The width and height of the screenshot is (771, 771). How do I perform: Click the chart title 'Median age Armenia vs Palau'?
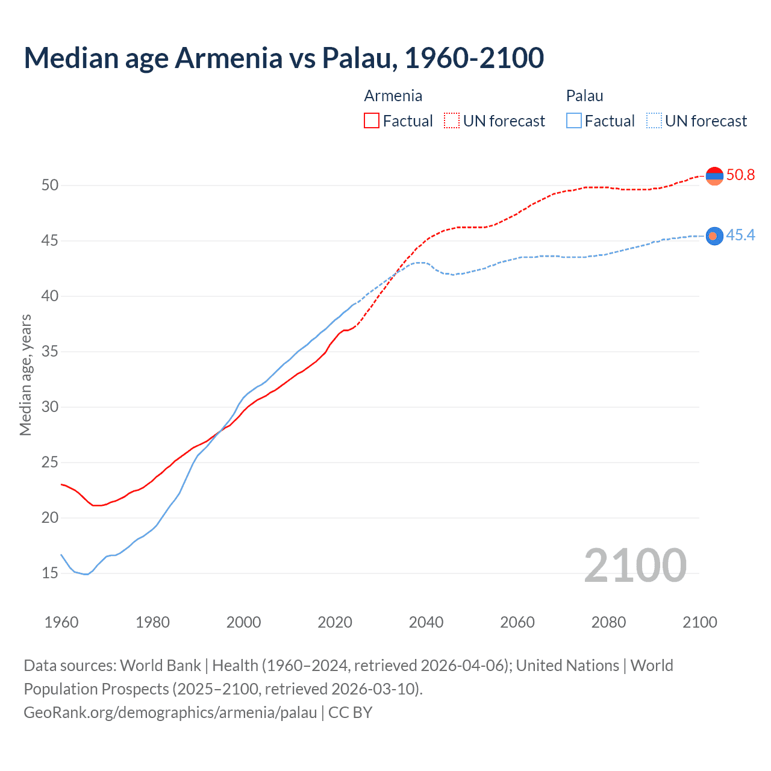(x=284, y=58)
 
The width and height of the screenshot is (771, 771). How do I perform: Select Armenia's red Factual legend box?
(x=372, y=121)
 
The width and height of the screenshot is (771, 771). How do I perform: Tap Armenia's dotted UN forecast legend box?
(x=452, y=121)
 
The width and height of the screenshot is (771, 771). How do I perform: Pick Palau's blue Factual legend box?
(x=574, y=121)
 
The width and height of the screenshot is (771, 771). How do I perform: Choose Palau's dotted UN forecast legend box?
(x=654, y=121)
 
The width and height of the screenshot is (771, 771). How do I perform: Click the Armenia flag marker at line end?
(x=714, y=176)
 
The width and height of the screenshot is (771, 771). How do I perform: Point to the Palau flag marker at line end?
(x=714, y=236)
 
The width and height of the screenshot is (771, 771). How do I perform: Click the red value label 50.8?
(x=740, y=175)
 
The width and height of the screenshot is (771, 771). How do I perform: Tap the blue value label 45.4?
(x=740, y=235)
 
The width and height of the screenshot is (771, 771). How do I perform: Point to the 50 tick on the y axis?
(x=50, y=185)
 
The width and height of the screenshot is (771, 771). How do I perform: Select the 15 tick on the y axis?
(x=50, y=573)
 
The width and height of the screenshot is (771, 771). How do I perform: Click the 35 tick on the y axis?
(x=50, y=351)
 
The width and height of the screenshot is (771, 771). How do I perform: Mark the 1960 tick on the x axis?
(x=61, y=622)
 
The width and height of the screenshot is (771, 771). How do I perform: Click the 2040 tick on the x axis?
(x=426, y=622)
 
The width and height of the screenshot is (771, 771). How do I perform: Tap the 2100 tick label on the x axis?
(x=700, y=622)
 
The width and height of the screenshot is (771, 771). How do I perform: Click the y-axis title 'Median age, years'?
(x=25, y=375)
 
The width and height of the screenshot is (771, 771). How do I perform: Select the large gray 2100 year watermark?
(x=635, y=566)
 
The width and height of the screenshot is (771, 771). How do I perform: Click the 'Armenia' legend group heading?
(x=393, y=96)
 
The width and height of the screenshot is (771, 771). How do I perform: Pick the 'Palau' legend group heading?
(x=584, y=96)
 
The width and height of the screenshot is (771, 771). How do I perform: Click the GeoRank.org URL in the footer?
(x=170, y=713)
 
